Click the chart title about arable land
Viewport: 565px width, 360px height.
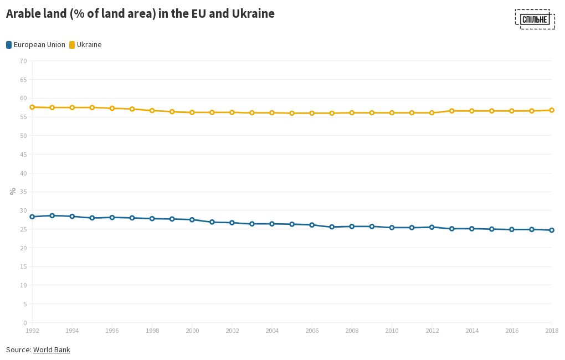[x=140, y=14]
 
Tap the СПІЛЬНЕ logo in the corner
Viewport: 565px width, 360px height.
[x=535, y=19]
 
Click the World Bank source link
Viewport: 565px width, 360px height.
[x=52, y=349]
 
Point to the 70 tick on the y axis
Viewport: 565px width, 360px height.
[x=23, y=61]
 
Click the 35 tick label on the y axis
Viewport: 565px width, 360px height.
[x=23, y=192]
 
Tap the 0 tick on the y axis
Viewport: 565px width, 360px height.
[x=25, y=323]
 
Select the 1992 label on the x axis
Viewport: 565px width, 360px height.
[x=32, y=331]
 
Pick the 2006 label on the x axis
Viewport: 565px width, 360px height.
[x=312, y=331]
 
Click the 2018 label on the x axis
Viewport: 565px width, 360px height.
[x=551, y=331]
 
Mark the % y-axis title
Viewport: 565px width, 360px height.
[x=13, y=191]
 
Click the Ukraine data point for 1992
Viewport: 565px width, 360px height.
[x=32, y=107]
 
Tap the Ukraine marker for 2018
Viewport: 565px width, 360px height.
[x=552, y=110]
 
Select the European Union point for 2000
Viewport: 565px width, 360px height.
[x=192, y=220]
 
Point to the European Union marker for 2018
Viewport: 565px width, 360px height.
[x=552, y=230]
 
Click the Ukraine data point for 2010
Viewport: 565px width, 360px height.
[x=392, y=113]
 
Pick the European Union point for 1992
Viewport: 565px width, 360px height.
[x=32, y=217]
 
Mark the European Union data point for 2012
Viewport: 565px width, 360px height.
[x=432, y=227]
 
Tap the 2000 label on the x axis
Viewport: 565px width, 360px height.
[x=192, y=331]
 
